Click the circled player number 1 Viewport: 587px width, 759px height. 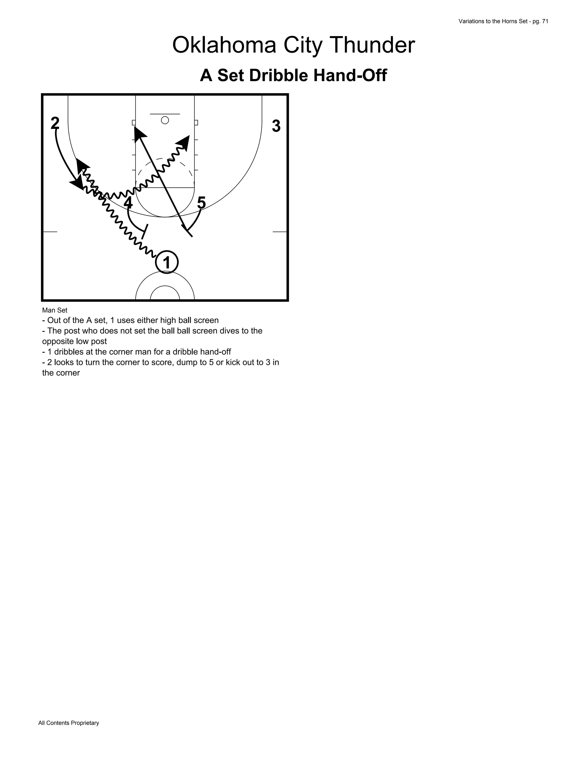point(167,262)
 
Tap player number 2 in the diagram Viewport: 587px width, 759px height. point(55,123)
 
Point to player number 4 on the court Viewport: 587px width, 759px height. point(128,202)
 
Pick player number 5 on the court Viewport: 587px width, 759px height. point(201,202)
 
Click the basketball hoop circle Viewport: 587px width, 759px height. point(165,120)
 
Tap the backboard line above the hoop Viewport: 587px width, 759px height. point(165,114)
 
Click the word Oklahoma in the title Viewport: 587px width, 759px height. point(224,45)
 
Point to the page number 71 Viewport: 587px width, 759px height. point(545,21)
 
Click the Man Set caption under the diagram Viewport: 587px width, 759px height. point(54,310)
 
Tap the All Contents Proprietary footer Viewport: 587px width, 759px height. point(69,723)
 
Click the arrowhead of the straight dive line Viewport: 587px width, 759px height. point(139,132)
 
